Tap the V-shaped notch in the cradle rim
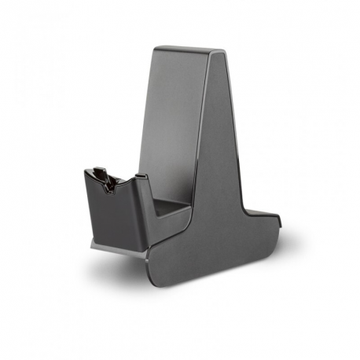[112, 183]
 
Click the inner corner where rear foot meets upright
[248, 208]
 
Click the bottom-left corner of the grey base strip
[91, 246]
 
